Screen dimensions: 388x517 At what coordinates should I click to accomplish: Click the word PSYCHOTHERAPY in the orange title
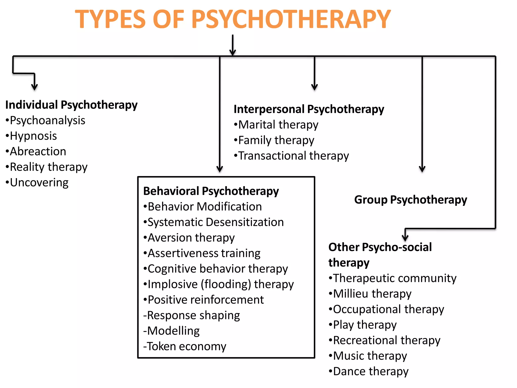click(291, 19)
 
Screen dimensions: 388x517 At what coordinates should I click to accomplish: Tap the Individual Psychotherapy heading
click(71, 105)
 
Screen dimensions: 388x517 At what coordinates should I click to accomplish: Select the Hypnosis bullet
click(33, 136)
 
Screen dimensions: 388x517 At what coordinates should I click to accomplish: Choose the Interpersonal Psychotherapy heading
click(309, 109)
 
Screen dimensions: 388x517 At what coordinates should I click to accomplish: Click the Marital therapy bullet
click(278, 125)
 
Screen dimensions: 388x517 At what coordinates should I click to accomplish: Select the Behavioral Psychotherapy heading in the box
click(211, 191)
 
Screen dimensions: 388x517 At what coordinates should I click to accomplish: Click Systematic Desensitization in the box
click(215, 222)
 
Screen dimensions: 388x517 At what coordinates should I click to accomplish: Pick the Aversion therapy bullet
click(191, 238)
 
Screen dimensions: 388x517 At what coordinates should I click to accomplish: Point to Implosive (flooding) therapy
click(220, 284)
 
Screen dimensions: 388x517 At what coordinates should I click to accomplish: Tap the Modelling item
click(173, 331)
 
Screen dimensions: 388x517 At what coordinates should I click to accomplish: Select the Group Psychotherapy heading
click(410, 200)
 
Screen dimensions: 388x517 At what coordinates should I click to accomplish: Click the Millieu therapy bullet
click(372, 294)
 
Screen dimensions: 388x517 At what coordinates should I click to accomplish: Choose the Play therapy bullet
click(365, 325)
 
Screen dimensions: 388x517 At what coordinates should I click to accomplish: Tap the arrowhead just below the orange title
click(232, 52)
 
